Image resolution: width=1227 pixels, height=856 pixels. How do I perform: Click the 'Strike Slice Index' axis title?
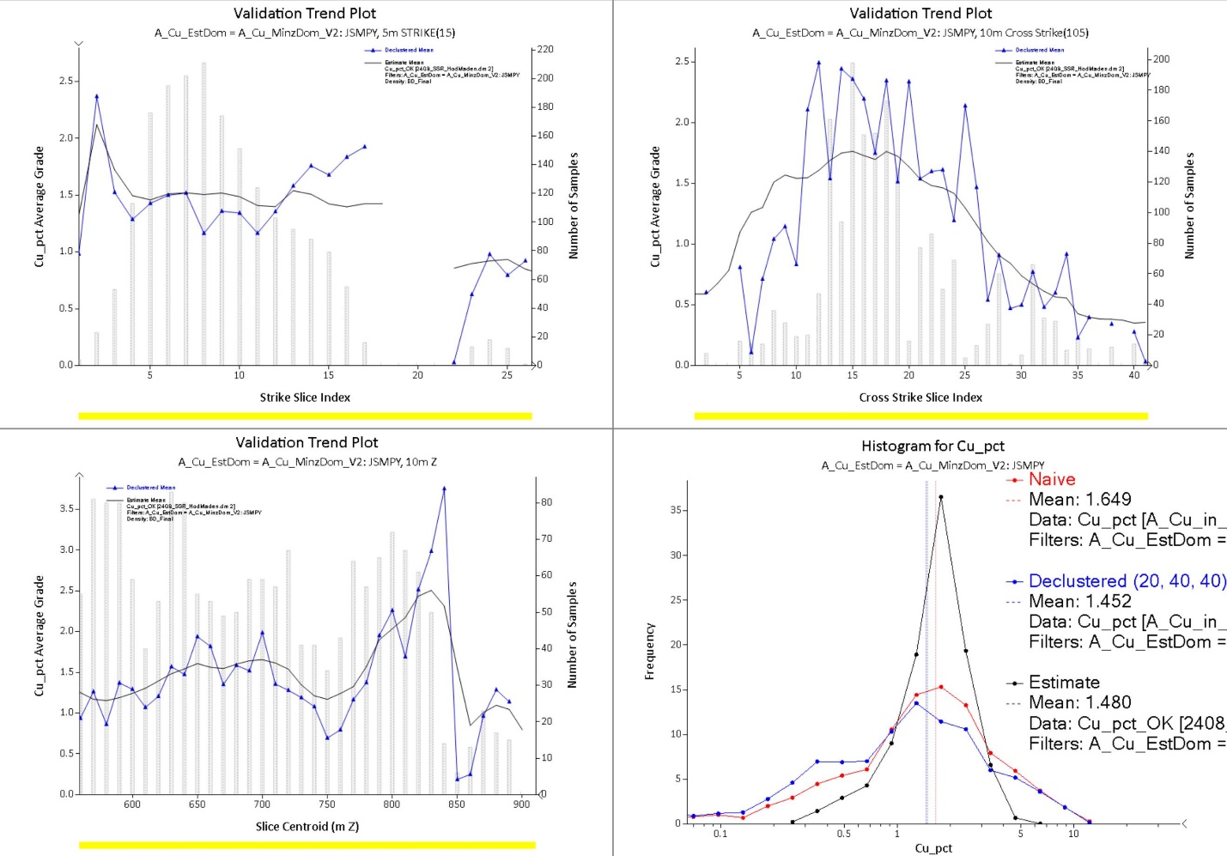pyautogui.click(x=305, y=398)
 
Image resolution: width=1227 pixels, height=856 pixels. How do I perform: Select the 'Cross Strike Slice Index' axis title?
pyautogui.click(x=920, y=398)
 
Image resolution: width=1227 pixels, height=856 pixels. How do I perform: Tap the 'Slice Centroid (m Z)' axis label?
pyautogui.click(x=307, y=827)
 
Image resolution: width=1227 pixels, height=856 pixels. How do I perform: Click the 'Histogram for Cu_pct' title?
pyautogui.click(x=932, y=446)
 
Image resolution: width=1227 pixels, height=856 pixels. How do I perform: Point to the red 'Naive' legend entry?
pyautogui.click(x=1052, y=480)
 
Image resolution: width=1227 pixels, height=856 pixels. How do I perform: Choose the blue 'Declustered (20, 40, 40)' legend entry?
pyautogui.click(x=1127, y=581)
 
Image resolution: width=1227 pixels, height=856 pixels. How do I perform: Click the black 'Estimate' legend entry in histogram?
pyautogui.click(x=1064, y=683)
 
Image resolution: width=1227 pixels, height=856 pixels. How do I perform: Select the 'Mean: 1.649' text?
pyautogui.click(x=1079, y=500)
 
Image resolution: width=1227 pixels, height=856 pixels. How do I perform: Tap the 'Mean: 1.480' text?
pyautogui.click(x=1079, y=703)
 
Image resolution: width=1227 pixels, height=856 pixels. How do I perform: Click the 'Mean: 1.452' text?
pyautogui.click(x=1079, y=602)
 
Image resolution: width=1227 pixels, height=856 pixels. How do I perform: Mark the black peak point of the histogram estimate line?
pyautogui.click(x=941, y=497)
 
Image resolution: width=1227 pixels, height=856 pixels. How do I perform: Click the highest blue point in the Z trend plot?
pyautogui.click(x=444, y=489)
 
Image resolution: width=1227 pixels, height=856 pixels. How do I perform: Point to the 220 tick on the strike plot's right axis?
pyautogui.click(x=545, y=50)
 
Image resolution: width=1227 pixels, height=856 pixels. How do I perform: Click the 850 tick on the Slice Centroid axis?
pyautogui.click(x=457, y=804)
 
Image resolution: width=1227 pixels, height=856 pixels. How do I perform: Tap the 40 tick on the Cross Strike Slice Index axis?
pyautogui.click(x=1134, y=375)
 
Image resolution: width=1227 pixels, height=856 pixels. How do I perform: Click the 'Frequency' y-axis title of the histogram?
pyautogui.click(x=650, y=652)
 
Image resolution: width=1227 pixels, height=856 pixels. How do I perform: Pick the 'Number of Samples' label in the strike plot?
pyautogui.click(x=574, y=206)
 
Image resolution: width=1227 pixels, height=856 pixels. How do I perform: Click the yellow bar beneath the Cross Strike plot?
pyautogui.click(x=920, y=416)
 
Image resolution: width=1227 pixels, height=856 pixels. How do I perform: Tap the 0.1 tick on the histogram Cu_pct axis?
pyautogui.click(x=720, y=834)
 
